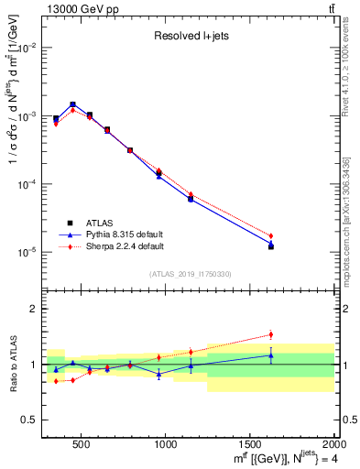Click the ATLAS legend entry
pos(101,222)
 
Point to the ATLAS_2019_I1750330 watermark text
pos(191,274)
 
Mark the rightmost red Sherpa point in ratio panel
pos(270,334)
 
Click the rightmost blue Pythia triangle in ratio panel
pos(270,354)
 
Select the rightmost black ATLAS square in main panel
pos(270,246)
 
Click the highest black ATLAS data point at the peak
pos(72,104)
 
